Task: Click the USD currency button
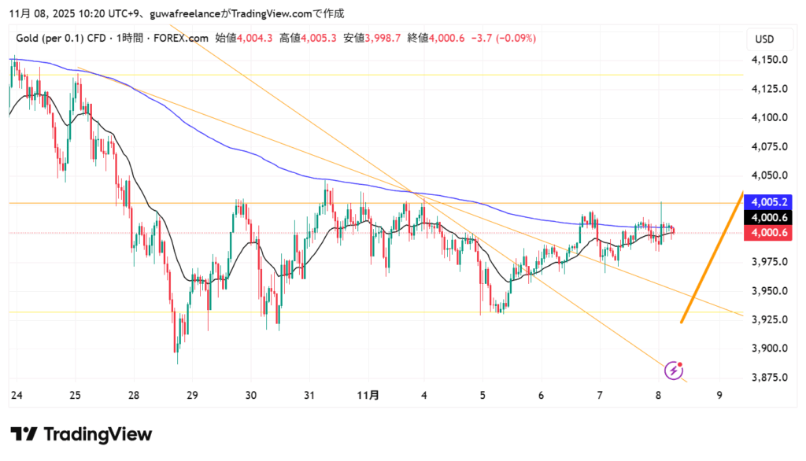[764, 39]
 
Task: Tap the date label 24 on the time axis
[16, 395]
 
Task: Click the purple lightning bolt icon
[674, 370]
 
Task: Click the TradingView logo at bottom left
[81, 434]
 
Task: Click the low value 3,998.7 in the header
[383, 37]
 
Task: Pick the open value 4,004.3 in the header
[254, 37]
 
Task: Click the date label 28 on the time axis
[134, 395]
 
